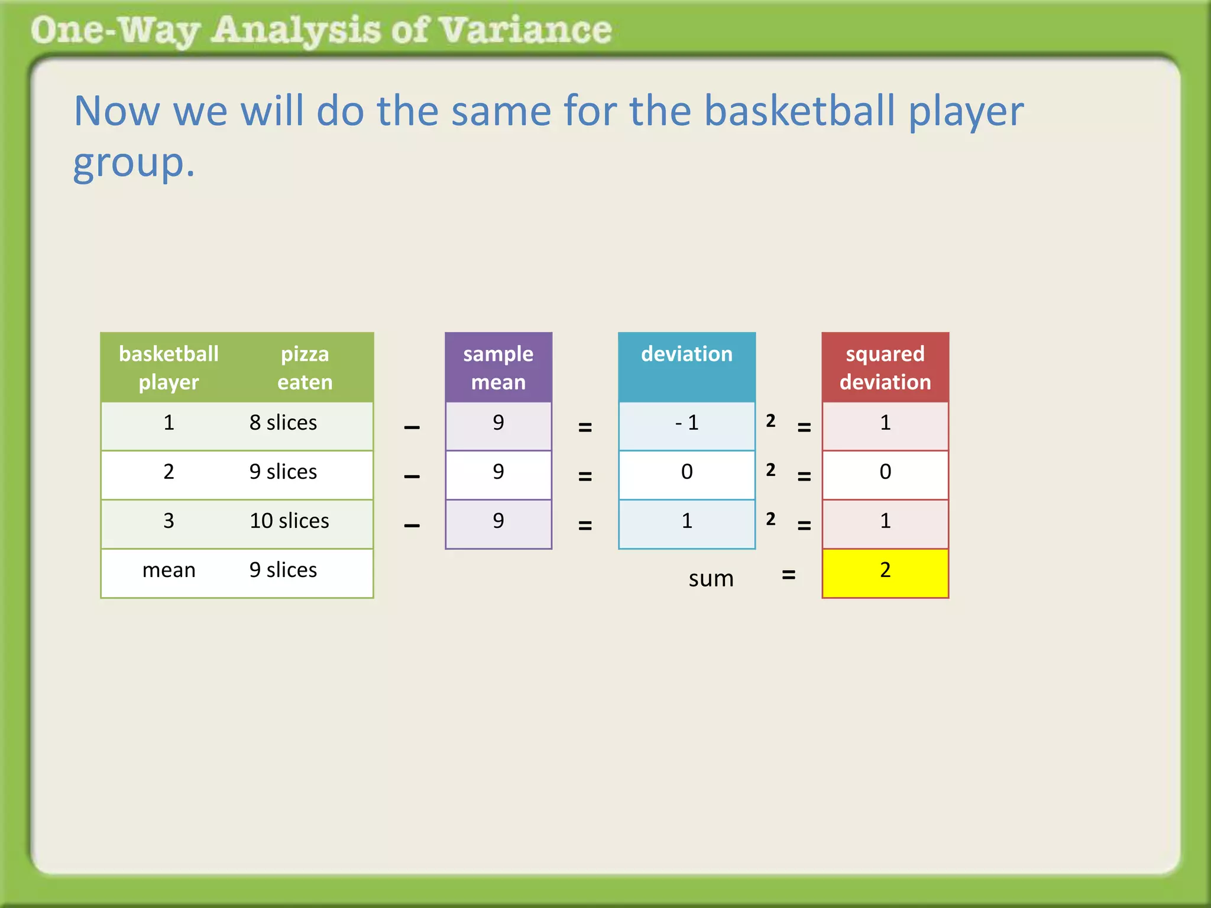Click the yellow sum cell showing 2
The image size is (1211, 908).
tap(885, 572)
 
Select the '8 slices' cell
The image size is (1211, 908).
tap(283, 423)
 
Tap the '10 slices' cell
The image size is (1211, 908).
tap(289, 521)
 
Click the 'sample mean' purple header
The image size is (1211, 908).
tap(498, 368)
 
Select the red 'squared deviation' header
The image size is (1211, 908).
tap(885, 368)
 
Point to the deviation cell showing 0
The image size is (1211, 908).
tap(687, 473)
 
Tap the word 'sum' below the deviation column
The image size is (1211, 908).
tap(711, 578)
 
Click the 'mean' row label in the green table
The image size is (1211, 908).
tap(169, 570)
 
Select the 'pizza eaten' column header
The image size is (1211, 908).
tap(305, 368)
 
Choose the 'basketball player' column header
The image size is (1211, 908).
tap(169, 368)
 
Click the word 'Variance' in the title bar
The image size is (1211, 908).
tap(526, 31)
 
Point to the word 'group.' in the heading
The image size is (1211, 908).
tap(134, 163)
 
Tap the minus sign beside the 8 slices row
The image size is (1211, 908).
tap(412, 427)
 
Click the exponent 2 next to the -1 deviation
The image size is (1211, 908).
tap(770, 421)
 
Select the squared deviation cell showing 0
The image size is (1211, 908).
tap(885, 473)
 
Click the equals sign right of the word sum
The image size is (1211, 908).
tap(788, 575)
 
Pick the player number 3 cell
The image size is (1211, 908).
tap(169, 521)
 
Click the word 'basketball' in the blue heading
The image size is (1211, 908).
tap(799, 111)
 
